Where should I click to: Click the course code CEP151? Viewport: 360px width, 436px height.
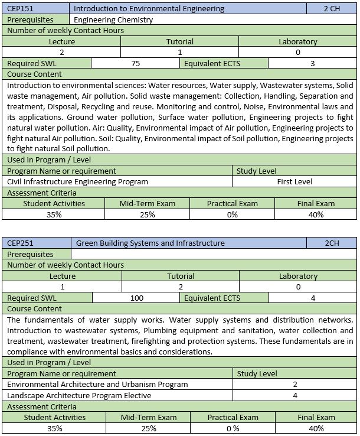click(x=20, y=9)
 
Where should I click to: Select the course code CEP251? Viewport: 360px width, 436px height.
click(x=20, y=243)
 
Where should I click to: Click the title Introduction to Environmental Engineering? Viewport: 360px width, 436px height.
click(x=149, y=9)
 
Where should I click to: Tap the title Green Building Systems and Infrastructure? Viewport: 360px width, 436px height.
click(x=150, y=243)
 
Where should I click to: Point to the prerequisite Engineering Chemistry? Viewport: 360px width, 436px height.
click(x=113, y=19)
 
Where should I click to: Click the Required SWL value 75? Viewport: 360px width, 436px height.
click(x=136, y=64)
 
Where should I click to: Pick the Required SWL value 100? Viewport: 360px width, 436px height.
click(x=136, y=298)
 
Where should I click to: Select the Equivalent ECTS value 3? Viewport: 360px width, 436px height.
click(x=312, y=64)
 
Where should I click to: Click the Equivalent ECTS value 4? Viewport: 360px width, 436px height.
click(x=312, y=298)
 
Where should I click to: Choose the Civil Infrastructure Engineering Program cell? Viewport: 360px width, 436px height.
click(x=77, y=181)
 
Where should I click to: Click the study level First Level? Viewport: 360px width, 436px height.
click(x=294, y=181)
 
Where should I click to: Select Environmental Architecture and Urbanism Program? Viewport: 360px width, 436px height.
click(x=97, y=384)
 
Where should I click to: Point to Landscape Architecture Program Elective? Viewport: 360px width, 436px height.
click(x=79, y=395)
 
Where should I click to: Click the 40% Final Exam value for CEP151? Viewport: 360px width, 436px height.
click(x=316, y=214)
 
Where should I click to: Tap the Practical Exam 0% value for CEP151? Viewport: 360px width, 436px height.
click(x=232, y=214)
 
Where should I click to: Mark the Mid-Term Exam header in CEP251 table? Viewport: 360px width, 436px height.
click(x=148, y=417)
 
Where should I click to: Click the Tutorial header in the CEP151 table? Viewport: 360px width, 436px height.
click(x=179, y=42)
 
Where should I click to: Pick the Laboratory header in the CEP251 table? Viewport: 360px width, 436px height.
click(x=298, y=276)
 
